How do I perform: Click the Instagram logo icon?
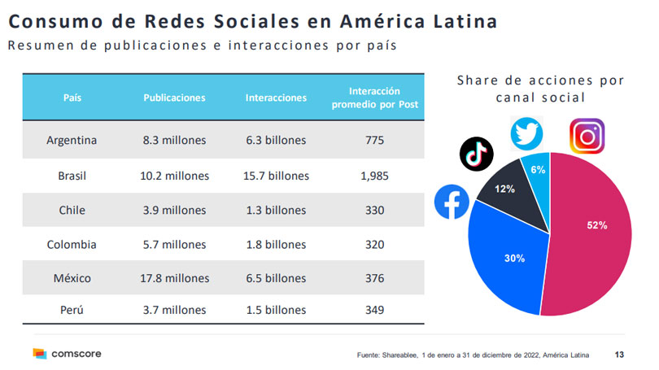pyautogui.click(x=586, y=136)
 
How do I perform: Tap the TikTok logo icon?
pyautogui.click(x=477, y=154)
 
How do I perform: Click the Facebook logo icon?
pyautogui.click(x=452, y=202)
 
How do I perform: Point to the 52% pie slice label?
pyautogui.click(x=597, y=225)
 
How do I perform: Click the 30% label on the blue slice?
pyautogui.click(x=513, y=258)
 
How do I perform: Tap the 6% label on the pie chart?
pyautogui.click(x=538, y=169)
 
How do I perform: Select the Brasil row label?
pyautogui.click(x=72, y=175)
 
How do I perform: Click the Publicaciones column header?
pyautogui.click(x=174, y=98)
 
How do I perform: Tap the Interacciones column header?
pyautogui.click(x=276, y=98)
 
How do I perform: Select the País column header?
pyautogui.click(x=72, y=98)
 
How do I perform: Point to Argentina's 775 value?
pyautogui.click(x=374, y=141)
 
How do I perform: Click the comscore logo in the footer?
pyautogui.click(x=67, y=354)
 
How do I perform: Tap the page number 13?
pyautogui.click(x=621, y=355)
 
